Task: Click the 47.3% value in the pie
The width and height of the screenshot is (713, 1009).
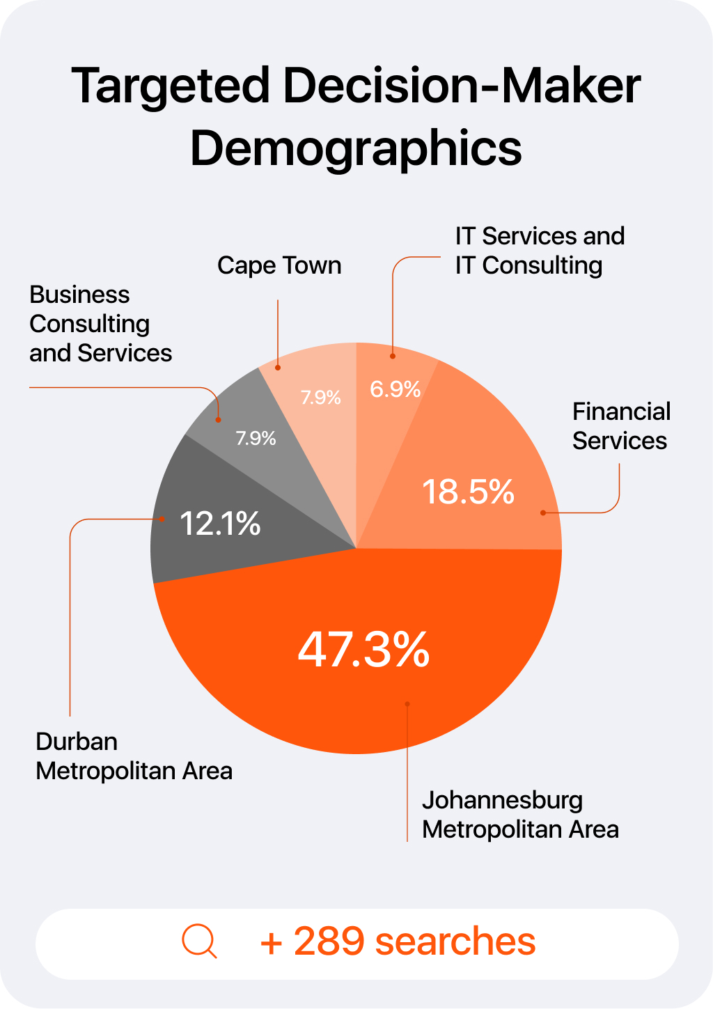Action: click(x=363, y=650)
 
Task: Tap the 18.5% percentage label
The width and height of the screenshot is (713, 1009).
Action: click(x=468, y=492)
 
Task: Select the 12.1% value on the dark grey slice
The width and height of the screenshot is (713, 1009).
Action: click(x=220, y=523)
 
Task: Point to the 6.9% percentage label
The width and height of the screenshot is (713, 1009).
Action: click(x=395, y=389)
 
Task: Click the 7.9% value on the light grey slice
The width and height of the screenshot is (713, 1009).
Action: click(x=256, y=438)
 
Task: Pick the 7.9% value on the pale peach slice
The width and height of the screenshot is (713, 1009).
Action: click(x=320, y=398)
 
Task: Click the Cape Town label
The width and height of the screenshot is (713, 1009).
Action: click(x=279, y=265)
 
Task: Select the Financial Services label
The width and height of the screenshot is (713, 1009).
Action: click(x=620, y=426)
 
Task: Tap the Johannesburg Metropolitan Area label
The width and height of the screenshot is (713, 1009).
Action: click(x=519, y=815)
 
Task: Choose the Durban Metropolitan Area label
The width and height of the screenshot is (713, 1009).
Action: click(x=134, y=756)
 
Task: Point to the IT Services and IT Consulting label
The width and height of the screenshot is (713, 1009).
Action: click(x=540, y=251)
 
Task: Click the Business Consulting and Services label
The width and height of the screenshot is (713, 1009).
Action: click(x=100, y=324)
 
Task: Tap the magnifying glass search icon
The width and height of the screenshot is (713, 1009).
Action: click(x=199, y=941)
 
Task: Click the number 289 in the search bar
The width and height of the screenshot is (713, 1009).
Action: click(x=329, y=941)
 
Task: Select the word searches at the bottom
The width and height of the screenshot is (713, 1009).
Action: click(x=455, y=941)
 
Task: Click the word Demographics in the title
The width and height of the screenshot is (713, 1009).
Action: click(x=356, y=148)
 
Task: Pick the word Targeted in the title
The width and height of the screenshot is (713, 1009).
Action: click(x=171, y=86)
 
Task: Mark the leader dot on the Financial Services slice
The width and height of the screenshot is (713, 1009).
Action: click(x=543, y=513)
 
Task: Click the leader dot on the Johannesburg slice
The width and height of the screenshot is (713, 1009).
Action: click(x=407, y=704)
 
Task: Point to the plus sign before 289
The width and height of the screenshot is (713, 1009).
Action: click(x=271, y=944)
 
